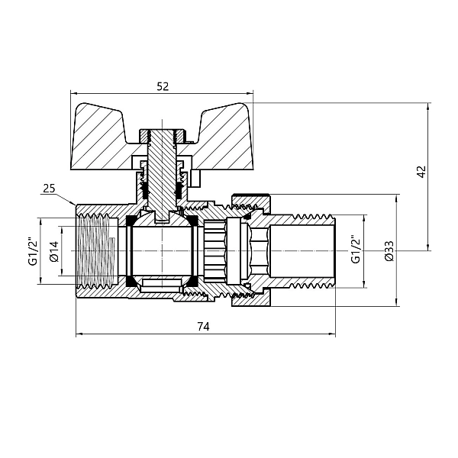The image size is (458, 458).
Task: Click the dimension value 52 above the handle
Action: click(x=162, y=87)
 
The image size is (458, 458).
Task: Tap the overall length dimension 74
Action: click(x=202, y=326)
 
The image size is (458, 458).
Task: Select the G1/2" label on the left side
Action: click(x=33, y=250)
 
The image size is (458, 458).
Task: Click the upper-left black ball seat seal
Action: click(x=131, y=221)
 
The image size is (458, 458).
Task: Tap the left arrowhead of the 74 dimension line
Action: click(x=79, y=334)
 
